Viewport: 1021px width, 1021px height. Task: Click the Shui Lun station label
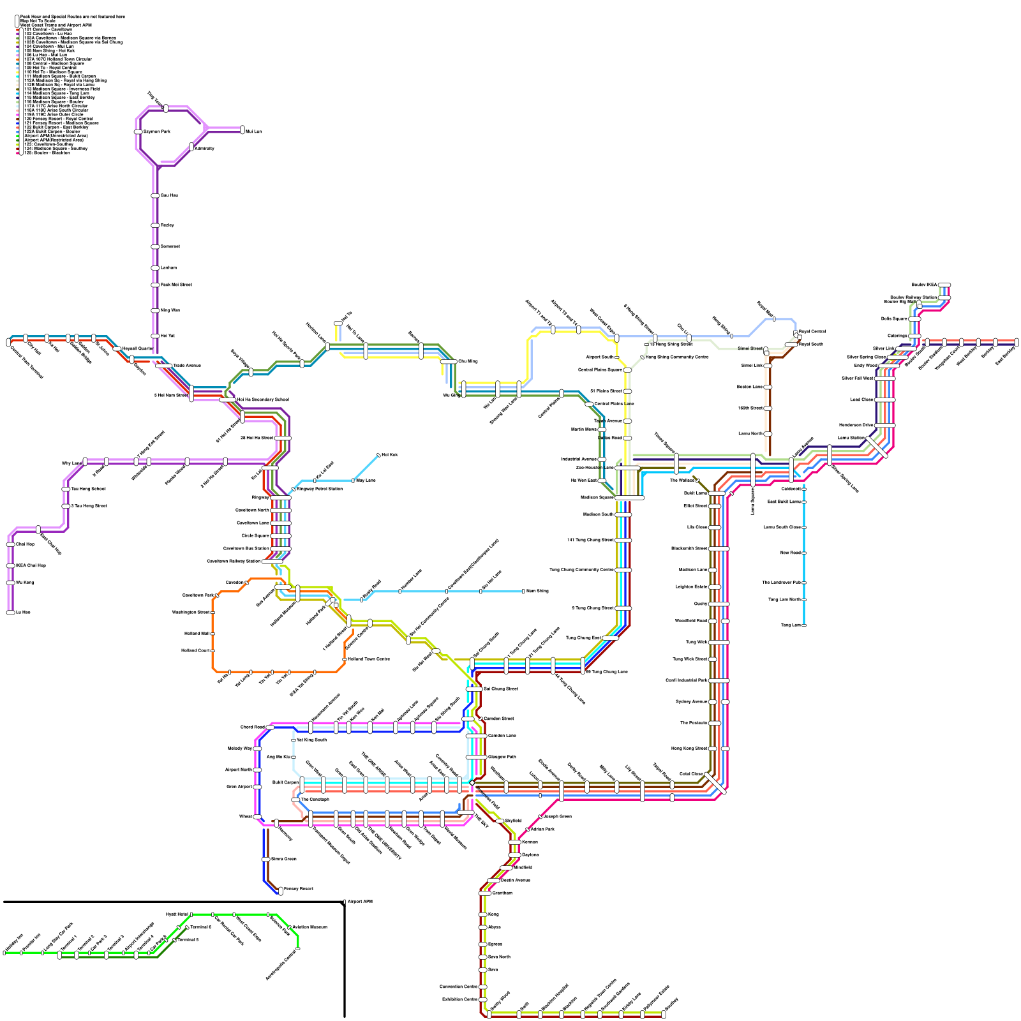coord(254,131)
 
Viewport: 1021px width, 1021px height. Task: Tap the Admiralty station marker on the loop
coord(191,147)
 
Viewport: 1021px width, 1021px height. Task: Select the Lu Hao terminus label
coord(23,612)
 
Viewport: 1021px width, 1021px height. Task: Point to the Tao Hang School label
coord(88,489)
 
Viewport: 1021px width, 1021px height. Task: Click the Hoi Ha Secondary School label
coord(263,399)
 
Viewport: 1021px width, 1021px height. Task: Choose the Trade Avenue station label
coord(188,366)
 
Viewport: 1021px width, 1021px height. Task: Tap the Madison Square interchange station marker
coord(629,497)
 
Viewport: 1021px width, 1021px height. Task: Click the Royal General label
coord(812,331)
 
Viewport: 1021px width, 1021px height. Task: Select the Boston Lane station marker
coord(768,387)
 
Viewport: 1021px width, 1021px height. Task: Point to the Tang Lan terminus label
coord(791,625)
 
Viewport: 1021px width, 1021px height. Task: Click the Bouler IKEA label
coord(925,285)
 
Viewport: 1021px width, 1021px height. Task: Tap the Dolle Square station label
coord(894,318)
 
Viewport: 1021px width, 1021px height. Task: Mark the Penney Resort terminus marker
coord(281,891)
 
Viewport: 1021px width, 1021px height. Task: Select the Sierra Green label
coord(284,859)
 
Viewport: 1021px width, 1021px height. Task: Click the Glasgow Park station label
coord(502,757)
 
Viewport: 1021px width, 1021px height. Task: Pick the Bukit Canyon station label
coord(285,782)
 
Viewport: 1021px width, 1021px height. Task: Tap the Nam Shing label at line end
coord(537,591)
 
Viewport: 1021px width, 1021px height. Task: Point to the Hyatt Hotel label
coord(177,914)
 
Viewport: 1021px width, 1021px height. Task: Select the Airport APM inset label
coord(360,902)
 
